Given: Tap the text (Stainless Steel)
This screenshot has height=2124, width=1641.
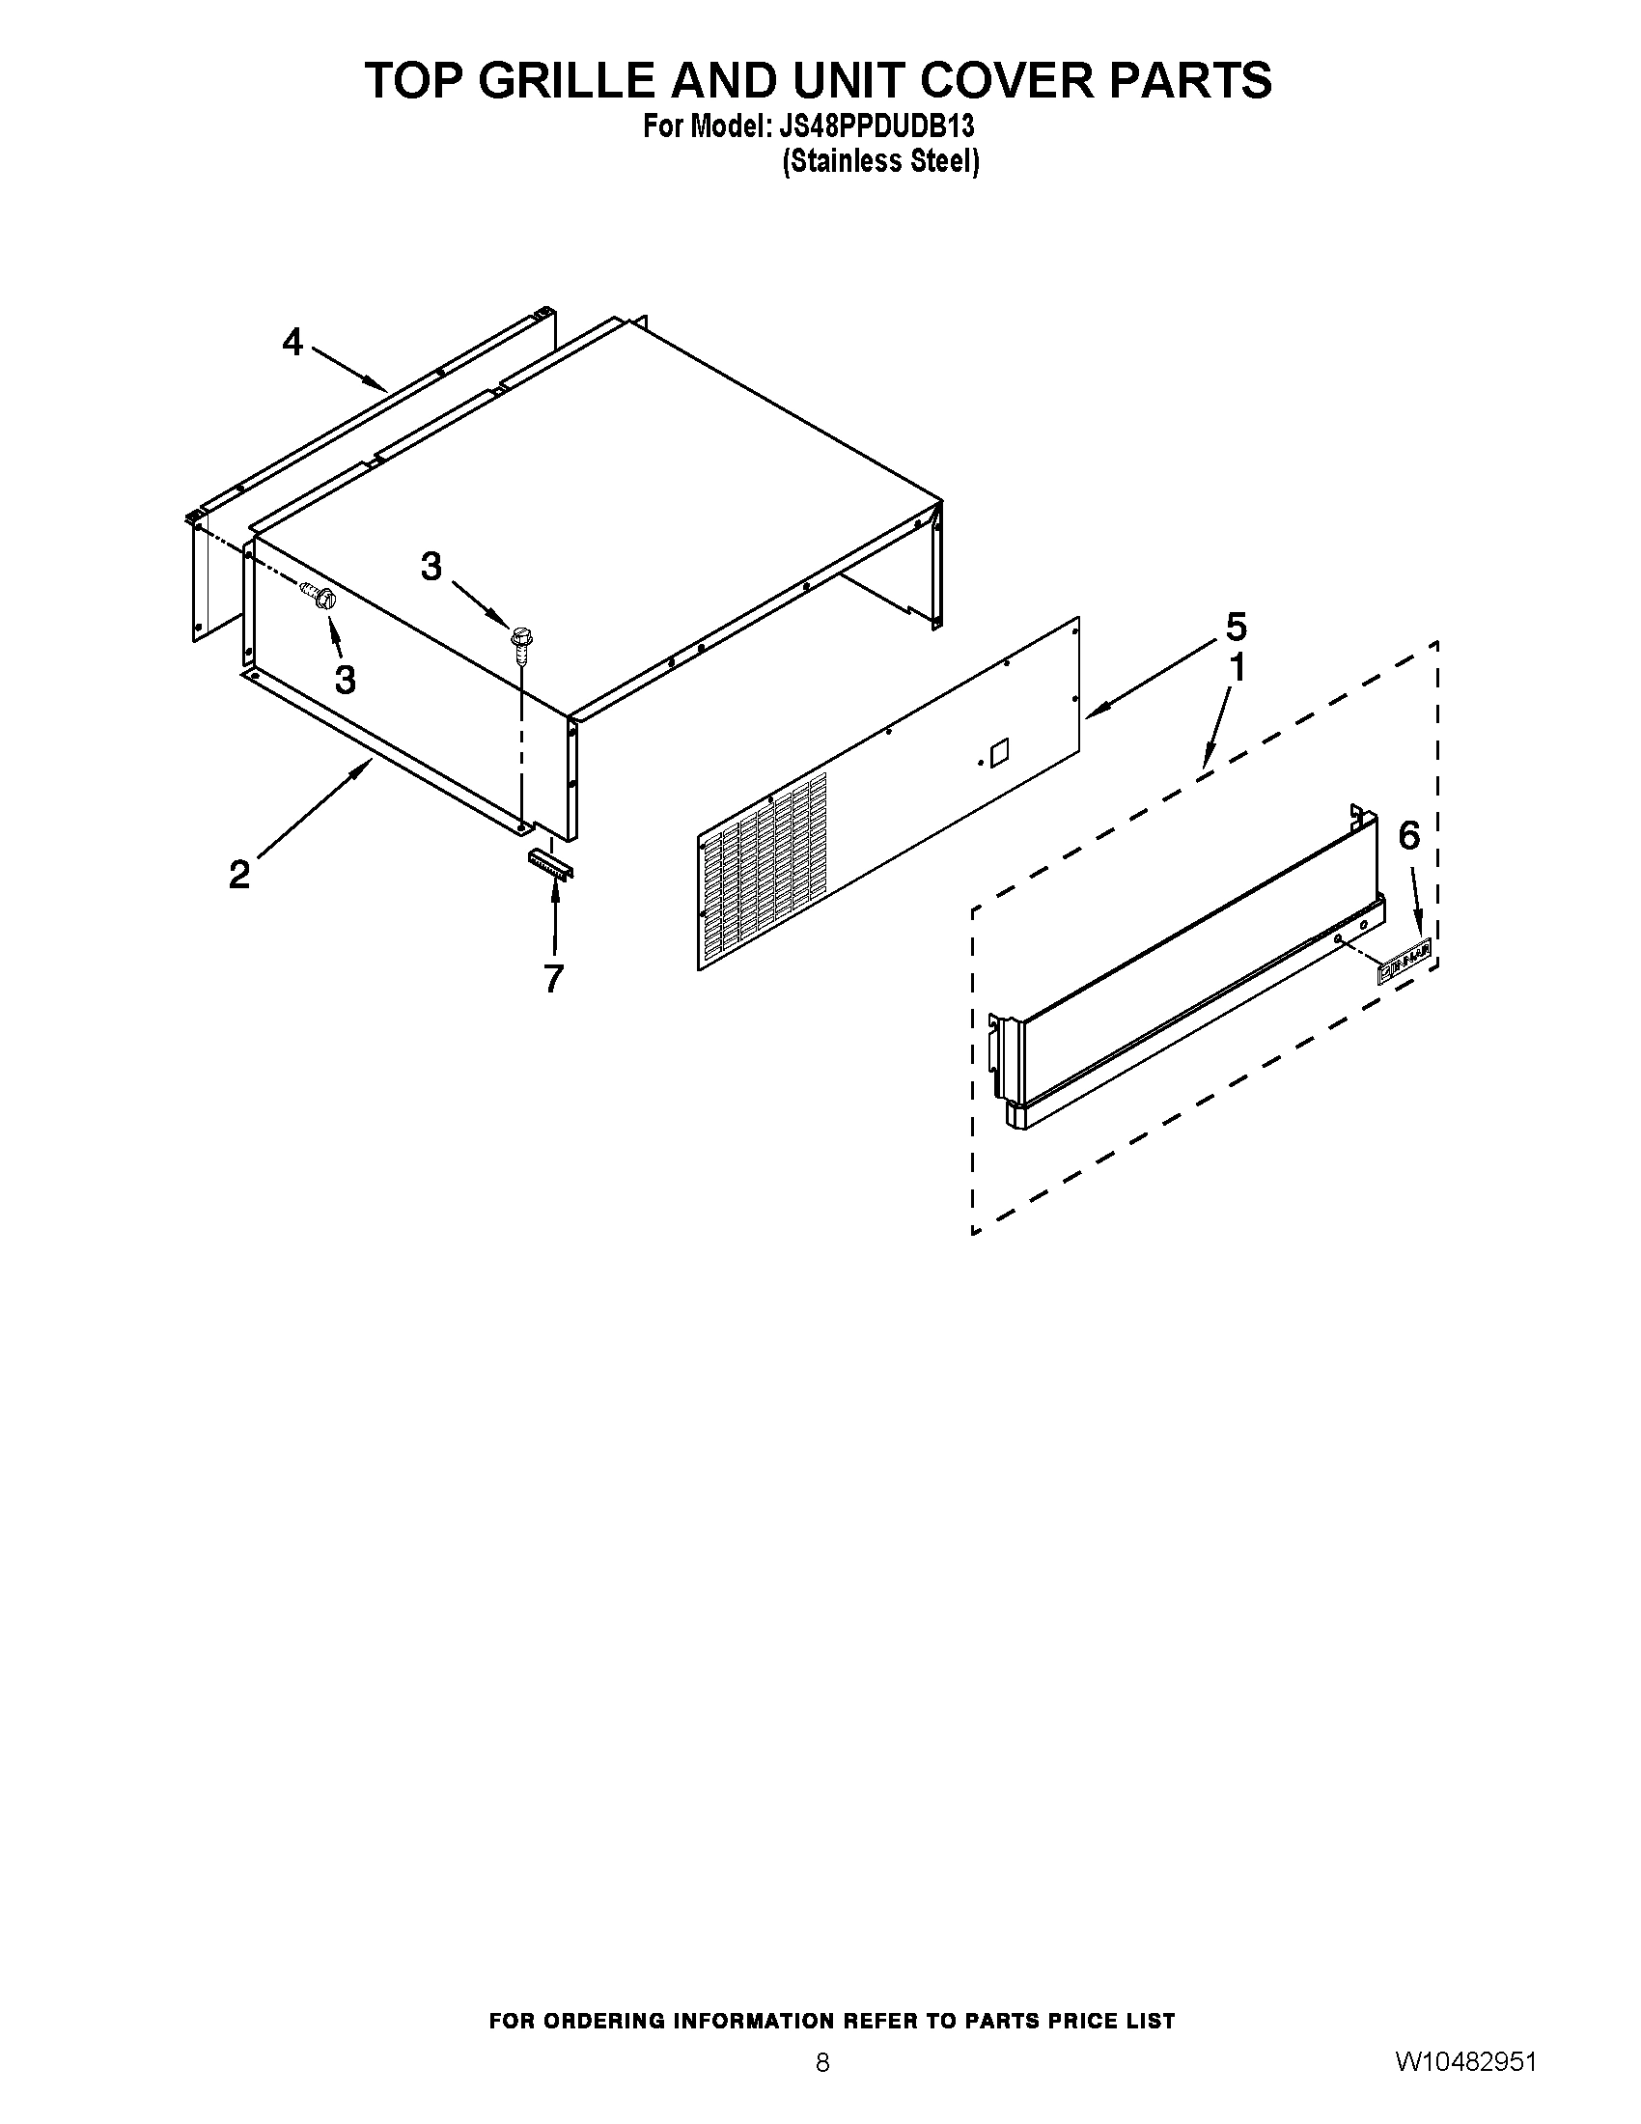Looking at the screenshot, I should tap(880, 160).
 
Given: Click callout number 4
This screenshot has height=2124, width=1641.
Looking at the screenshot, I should tap(292, 343).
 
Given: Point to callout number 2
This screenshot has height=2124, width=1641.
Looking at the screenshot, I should tap(239, 875).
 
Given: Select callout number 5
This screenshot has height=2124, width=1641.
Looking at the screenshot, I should tap(1236, 628).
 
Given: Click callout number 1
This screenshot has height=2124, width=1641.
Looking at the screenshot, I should tap(1238, 668).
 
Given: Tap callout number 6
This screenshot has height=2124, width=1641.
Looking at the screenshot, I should tap(1409, 834).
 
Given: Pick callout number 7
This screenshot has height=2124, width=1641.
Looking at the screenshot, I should tap(553, 978).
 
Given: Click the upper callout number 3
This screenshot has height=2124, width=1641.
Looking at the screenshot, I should tap(431, 566).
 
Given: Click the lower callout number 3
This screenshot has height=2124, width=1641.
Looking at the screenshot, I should tap(346, 680).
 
